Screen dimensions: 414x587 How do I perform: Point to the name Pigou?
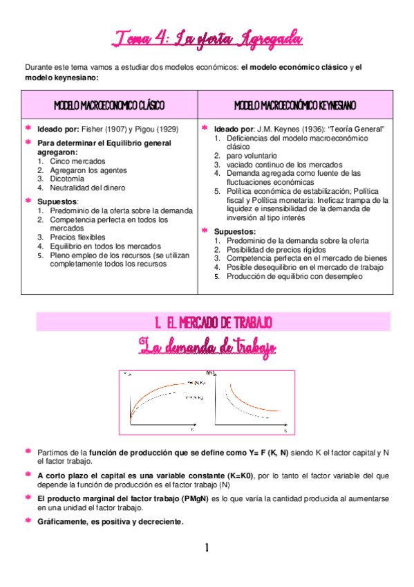pos(147,129)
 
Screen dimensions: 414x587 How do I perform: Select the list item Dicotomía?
pos(68,178)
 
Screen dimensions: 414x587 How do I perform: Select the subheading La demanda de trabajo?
pos(207,345)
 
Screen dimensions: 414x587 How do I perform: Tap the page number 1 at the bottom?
pos(207,548)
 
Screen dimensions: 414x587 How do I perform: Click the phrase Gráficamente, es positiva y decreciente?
pos(111,522)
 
